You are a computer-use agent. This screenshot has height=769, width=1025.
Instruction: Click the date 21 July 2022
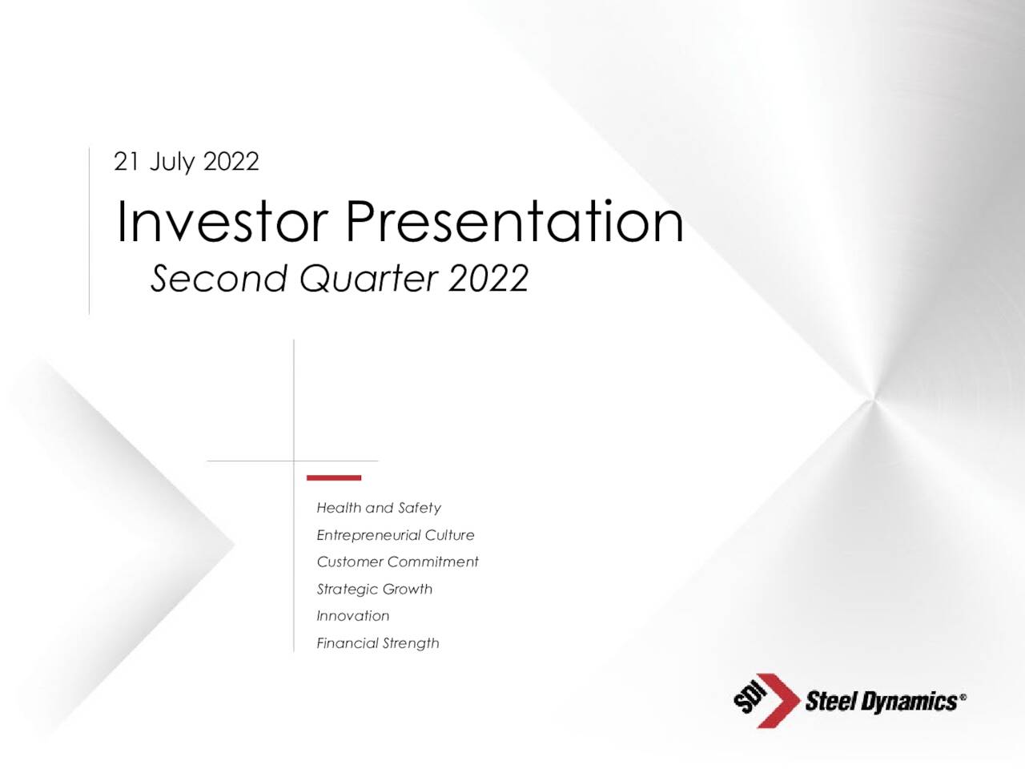pyautogui.click(x=187, y=162)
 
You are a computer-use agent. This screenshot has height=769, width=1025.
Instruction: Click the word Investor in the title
pyautogui.click(x=223, y=221)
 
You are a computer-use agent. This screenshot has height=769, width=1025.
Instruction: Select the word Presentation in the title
pyautogui.click(x=515, y=221)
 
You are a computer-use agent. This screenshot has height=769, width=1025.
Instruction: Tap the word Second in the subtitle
pyautogui.click(x=219, y=278)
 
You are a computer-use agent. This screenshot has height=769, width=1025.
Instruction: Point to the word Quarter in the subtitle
pyautogui.click(x=369, y=280)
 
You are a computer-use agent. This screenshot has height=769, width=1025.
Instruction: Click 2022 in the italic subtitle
pyautogui.click(x=488, y=278)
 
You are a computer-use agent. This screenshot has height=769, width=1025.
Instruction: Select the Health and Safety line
pyautogui.click(x=379, y=508)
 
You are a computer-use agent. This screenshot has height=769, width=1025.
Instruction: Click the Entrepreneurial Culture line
pyautogui.click(x=396, y=535)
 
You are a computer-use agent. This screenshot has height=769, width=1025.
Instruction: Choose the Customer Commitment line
pyautogui.click(x=397, y=562)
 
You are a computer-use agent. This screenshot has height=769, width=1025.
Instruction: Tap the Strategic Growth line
pyautogui.click(x=375, y=590)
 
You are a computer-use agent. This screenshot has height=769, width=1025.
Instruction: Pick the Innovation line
pyautogui.click(x=353, y=616)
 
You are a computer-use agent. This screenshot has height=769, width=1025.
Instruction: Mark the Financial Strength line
pyautogui.click(x=378, y=643)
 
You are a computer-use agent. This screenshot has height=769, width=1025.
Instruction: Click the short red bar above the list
pyautogui.click(x=334, y=477)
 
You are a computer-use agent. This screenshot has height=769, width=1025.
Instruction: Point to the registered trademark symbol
pyautogui.click(x=963, y=697)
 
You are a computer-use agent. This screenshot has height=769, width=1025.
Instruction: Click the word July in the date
pyautogui.click(x=171, y=163)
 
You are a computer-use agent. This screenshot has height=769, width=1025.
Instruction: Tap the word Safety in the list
pyautogui.click(x=420, y=508)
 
